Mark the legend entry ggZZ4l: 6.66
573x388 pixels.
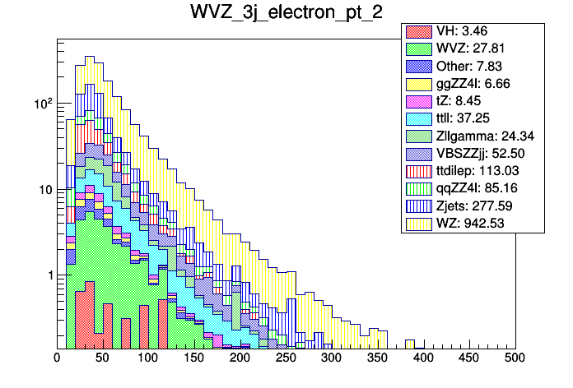(474, 83)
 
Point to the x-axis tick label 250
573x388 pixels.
(286, 358)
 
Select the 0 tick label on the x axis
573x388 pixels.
(57, 358)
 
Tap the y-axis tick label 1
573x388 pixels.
(48, 275)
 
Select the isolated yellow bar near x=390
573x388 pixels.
(409, 342)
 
